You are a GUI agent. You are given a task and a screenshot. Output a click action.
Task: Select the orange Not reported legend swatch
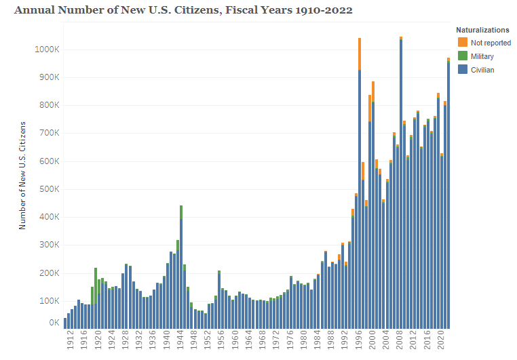[x=463, y=43]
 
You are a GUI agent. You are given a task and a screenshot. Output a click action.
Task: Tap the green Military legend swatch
[x=463, y=56]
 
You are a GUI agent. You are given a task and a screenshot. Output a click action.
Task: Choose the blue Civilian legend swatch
[x=463, y=69]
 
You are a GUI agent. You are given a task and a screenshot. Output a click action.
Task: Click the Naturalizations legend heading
[x=482, y=31]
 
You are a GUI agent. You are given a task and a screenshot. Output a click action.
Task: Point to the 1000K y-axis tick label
[x=47, y=49]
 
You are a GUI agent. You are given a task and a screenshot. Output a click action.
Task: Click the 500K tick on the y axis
[x=50, y=189]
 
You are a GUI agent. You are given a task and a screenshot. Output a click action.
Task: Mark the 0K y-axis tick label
[x=54, y=323]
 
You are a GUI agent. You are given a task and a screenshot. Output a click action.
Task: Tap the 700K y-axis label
[x=50, y=133]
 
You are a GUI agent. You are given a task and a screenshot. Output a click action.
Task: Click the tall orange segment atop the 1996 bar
[x=360, y=54]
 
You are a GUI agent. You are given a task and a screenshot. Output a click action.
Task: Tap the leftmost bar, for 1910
[x=65, y=323]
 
